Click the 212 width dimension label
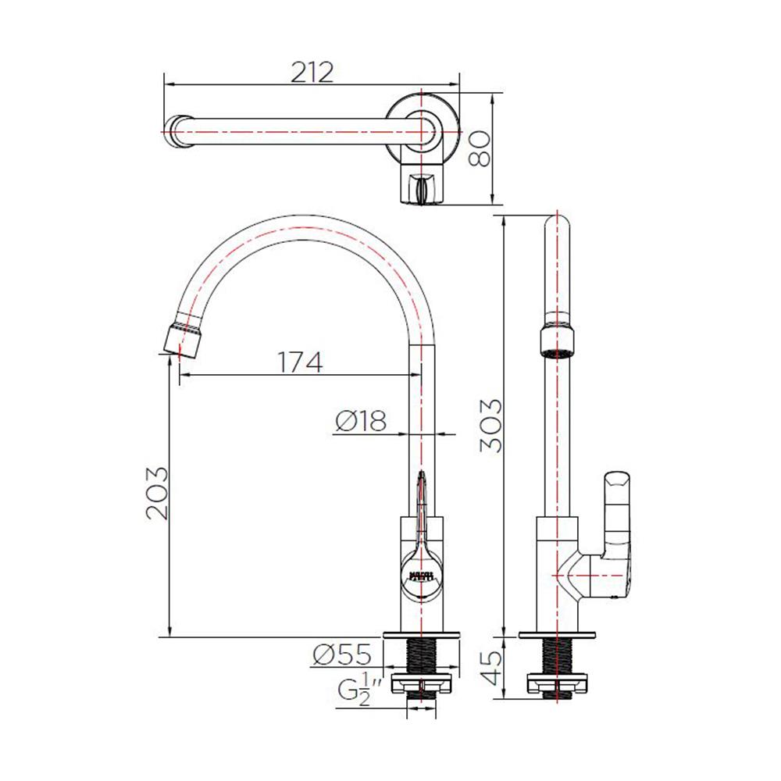tap(312, 72)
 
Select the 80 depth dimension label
tap(480, 148)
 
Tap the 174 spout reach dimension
tap(298, 362)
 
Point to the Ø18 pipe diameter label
tap(361, 422)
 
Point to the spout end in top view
tap(178, 129)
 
